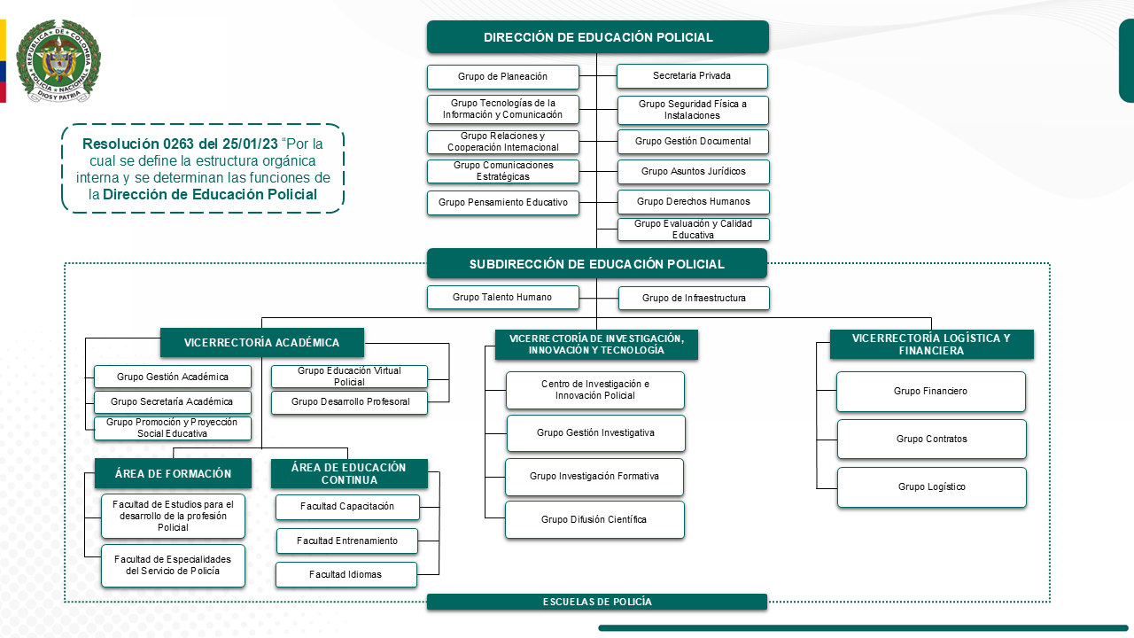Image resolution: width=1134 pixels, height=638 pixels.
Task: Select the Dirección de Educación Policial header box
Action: tap(598, 37)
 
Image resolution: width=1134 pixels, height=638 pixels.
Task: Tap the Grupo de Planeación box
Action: tap(502, 77)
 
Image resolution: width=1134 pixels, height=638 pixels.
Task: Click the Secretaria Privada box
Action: tap(692, 76)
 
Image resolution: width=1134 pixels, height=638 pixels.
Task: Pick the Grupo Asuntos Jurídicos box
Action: tap(693, 171)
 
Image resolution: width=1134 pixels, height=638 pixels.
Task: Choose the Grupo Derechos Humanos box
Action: tap(693, 201)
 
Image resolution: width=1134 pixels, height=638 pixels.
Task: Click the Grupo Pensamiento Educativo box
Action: tap(502, 203)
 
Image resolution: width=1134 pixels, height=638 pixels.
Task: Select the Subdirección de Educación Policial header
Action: tap(596, 264)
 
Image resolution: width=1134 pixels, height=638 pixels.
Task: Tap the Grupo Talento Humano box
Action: tap(502, 297)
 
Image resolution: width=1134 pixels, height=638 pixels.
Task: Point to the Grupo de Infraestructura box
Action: tap(694, 298)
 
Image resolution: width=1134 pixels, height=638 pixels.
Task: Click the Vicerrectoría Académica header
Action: tap(261, 343)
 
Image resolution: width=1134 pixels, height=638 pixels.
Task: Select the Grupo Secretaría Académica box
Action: tap(172, 402)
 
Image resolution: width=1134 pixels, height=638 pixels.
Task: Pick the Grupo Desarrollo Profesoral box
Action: tap(350, 402)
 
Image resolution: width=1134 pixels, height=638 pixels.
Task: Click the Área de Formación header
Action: tap(173, 474)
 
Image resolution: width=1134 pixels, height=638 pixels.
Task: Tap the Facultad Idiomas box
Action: tap(346, 574)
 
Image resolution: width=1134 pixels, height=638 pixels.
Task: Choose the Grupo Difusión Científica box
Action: tap(594, 519)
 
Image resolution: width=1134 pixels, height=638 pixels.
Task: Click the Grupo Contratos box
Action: tap(931, 439)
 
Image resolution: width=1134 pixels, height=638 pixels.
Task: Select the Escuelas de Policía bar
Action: tap(596, 602)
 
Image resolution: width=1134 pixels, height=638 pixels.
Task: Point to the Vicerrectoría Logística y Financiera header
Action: tap(931, 344)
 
